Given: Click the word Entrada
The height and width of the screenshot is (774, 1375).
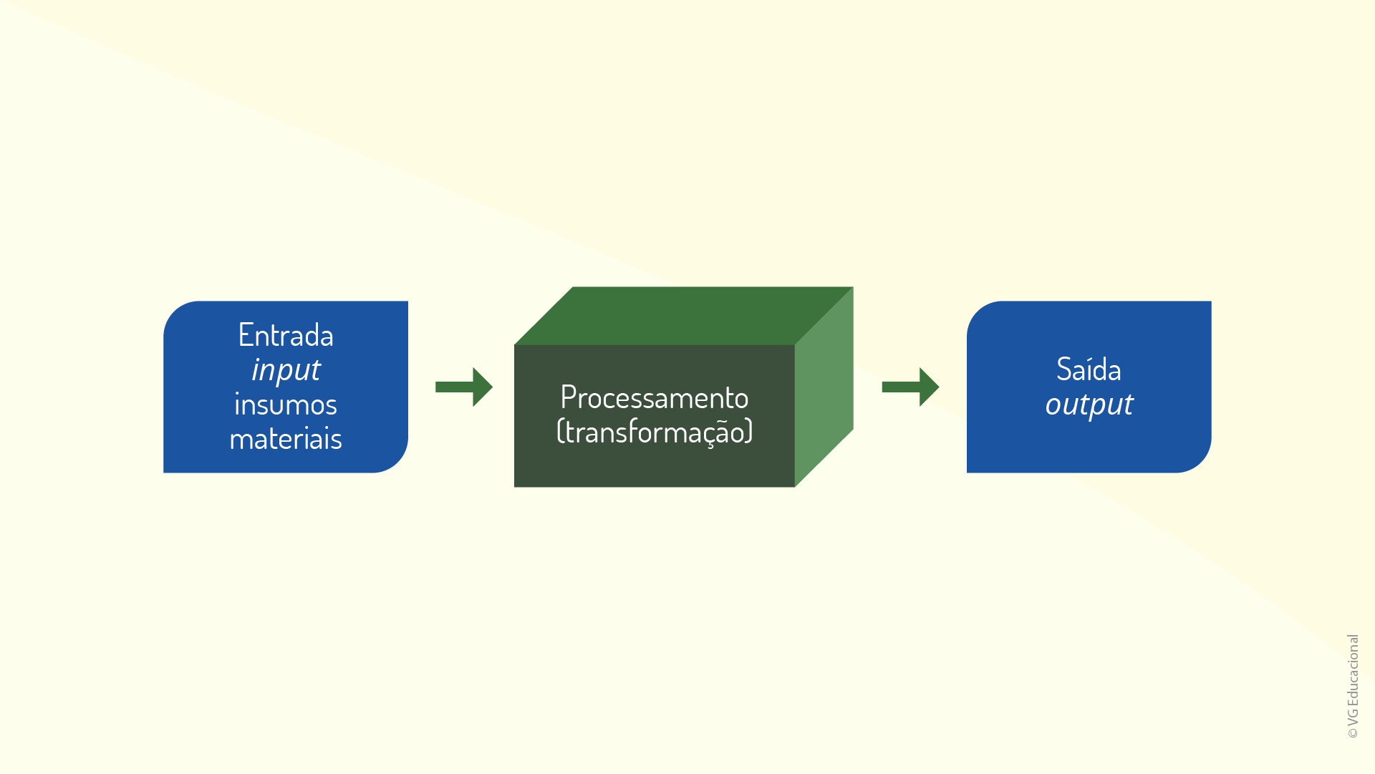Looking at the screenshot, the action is [286, 335].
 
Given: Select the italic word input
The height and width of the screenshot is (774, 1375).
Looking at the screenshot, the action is [286, 370].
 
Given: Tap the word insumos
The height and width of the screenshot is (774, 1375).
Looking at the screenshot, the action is [286, 405].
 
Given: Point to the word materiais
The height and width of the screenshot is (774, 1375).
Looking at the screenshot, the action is [286, 439].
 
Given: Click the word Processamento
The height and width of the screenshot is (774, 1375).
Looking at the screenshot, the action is [655, 397].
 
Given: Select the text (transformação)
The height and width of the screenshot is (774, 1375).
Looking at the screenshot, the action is [655, 432].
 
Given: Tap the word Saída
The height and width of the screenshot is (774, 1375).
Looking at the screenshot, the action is [1089, 369].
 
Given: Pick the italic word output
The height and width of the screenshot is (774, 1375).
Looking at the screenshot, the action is [1089, 405].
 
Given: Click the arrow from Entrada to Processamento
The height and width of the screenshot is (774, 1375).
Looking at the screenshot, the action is [464, 387].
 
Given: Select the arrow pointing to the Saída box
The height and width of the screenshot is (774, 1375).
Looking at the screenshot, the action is [910, 387].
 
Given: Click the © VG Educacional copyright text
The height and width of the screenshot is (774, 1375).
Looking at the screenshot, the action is [1353, 686].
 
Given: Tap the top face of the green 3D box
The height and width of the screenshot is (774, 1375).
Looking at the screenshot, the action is [684, 316].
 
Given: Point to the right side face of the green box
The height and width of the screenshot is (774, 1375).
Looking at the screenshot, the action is [824, 387].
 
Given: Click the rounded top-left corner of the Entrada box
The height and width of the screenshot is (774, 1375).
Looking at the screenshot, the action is [174, 312].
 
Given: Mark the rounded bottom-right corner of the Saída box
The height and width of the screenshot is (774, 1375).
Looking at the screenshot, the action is [1201, 462].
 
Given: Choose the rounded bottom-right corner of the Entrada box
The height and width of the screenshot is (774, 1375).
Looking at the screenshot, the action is [397, 462].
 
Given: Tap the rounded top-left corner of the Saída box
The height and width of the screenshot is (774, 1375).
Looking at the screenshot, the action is [978, 312].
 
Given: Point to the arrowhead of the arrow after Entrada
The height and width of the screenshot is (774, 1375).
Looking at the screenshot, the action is [483, 387].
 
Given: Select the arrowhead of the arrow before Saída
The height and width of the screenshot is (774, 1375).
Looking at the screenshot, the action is [929, 387].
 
